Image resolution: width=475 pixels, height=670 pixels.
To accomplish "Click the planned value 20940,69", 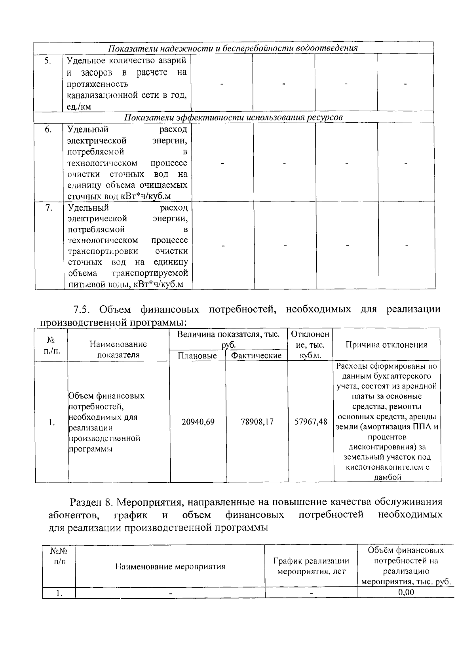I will tap(198, 422).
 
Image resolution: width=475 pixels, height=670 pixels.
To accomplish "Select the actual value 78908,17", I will tap(257, 422).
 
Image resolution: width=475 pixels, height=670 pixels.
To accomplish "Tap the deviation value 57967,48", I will tap(311, 422).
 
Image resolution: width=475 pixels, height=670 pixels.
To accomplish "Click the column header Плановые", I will tap(197, 356).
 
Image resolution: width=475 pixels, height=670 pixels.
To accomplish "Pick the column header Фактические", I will tap(256, 356).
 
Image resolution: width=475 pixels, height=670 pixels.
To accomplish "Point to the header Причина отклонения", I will tap(386, 345).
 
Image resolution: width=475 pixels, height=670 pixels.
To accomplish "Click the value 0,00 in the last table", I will tap(406, 592).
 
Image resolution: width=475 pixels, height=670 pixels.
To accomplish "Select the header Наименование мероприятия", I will tap(170, 567).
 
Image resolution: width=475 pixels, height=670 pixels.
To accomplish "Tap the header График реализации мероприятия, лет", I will tap(311, 566).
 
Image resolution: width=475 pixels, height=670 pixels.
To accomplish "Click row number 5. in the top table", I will tap(47, 61).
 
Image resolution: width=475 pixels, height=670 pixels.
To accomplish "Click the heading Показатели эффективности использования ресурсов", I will tap(234, 118).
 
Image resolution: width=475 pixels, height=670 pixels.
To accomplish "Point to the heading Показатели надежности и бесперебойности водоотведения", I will tap(233, 48).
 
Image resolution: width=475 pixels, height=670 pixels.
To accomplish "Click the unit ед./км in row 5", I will tap(79, 107).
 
